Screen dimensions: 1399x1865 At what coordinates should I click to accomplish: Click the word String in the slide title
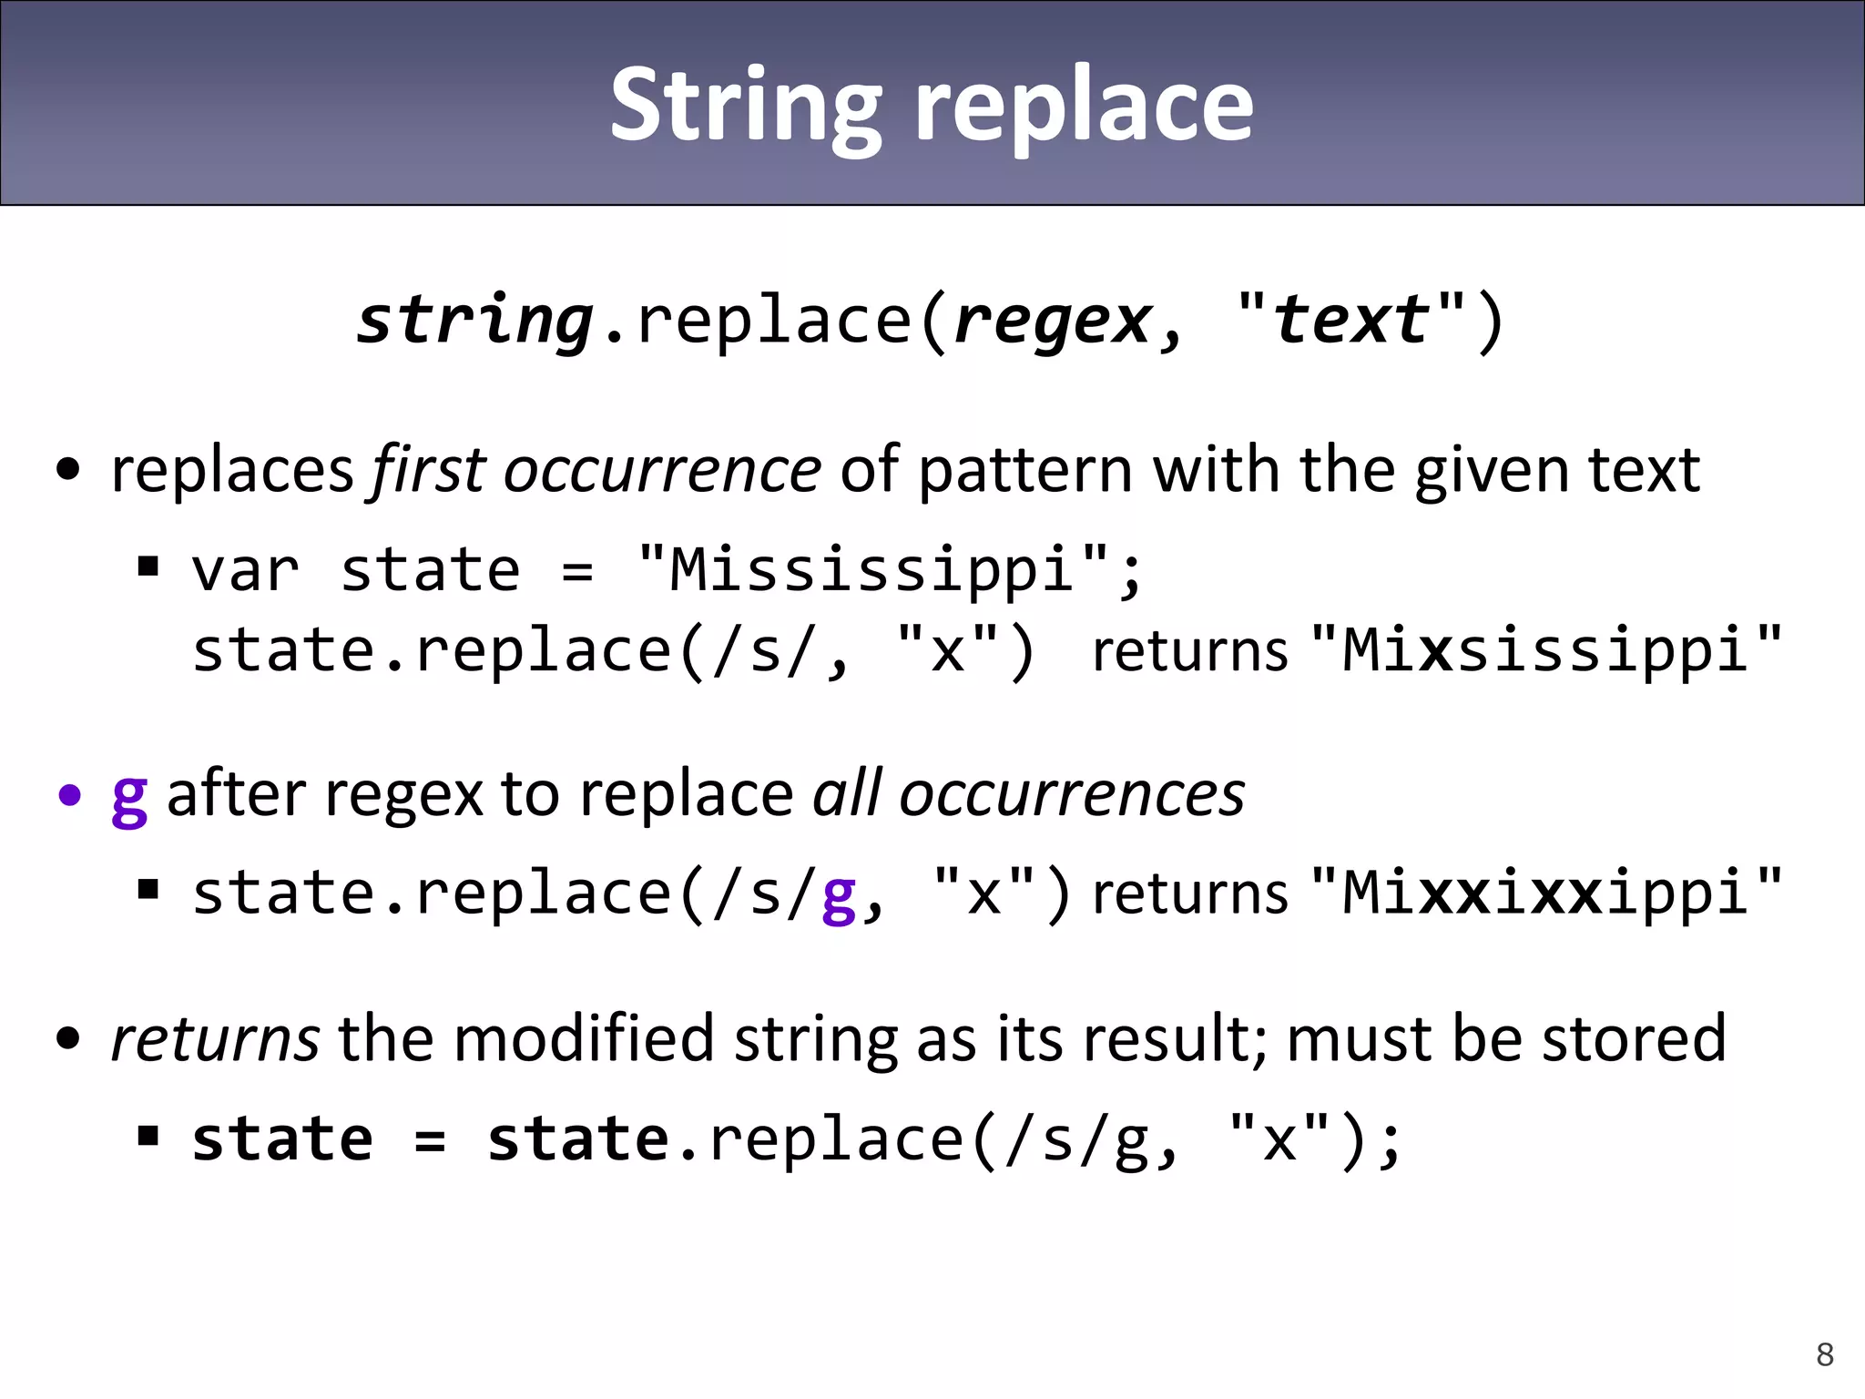[x=746, y=106]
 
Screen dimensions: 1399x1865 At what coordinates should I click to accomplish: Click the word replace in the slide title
[x=1084, y=106]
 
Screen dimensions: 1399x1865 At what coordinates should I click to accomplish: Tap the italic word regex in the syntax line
[x=1053, y=321]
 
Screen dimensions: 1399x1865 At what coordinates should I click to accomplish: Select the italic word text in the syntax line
[x=1350, y=321]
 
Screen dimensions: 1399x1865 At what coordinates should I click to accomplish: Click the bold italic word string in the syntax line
[x=474, y=321]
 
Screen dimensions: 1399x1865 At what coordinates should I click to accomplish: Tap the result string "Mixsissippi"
[x=1547, y=650]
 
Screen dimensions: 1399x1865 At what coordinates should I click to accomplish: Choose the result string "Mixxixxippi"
[x=1547, y=893]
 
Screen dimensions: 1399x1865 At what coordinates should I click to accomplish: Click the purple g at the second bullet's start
[x=129, y=796]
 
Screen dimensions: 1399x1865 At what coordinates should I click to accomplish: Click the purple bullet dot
[x=69, y=796]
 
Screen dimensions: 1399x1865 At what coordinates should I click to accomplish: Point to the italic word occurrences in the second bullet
[x=1071, y=794]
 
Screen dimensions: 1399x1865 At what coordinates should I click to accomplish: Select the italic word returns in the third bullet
[x=215, y=1038]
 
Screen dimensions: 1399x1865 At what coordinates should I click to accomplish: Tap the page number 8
[x=1824, y=1354]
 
